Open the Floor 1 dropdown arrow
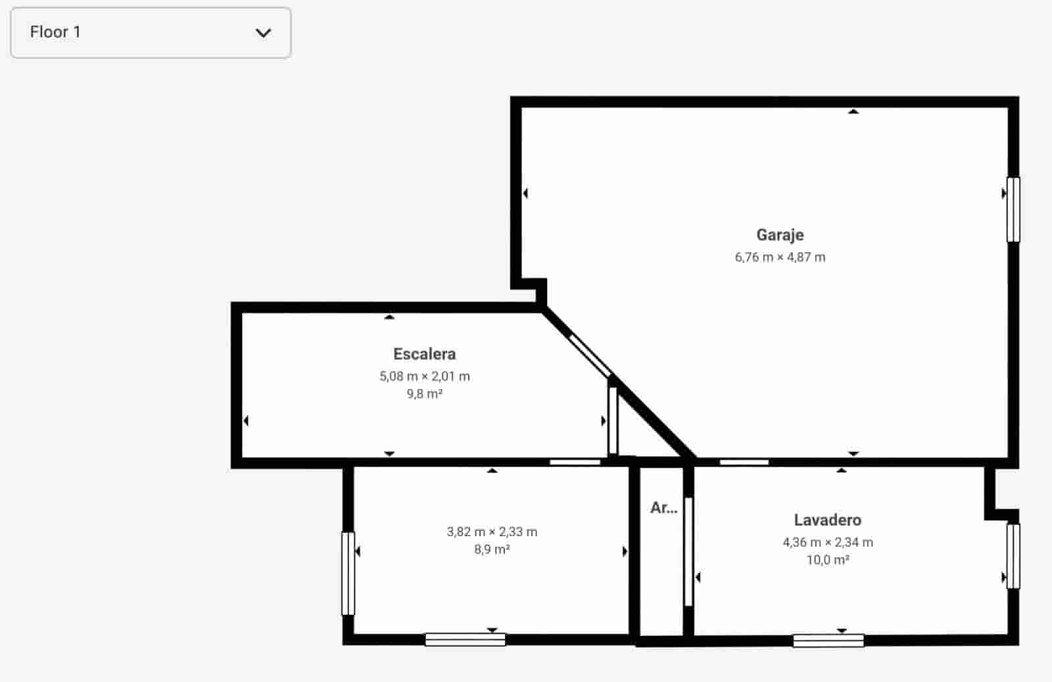(x=263, y=33)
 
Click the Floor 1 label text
(x=55, y=32)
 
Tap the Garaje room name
(x=780, y=235)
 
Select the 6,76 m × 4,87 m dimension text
(x=780, y=258)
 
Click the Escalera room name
(x=424, y=354)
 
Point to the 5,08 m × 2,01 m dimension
(x=424, y=376)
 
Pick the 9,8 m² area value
(x=424, y=394)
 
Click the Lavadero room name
(x=827, y=520)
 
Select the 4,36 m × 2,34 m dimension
(x=827, y=543)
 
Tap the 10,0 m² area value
(x=827, y=560)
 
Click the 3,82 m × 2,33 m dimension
(x=492, y=532)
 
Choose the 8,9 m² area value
(x=492, y=550)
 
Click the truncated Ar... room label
(x=663, y=508)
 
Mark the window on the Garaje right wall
(x=1013, y=210)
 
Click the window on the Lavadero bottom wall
(x=828, y=640)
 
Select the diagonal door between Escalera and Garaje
(x=590, y=355)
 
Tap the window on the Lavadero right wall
(x=1013, y=556)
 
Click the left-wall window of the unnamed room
(x=348, y=573)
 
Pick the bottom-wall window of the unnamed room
(x=465, y=639)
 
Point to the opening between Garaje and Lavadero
(x=744, y=463)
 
